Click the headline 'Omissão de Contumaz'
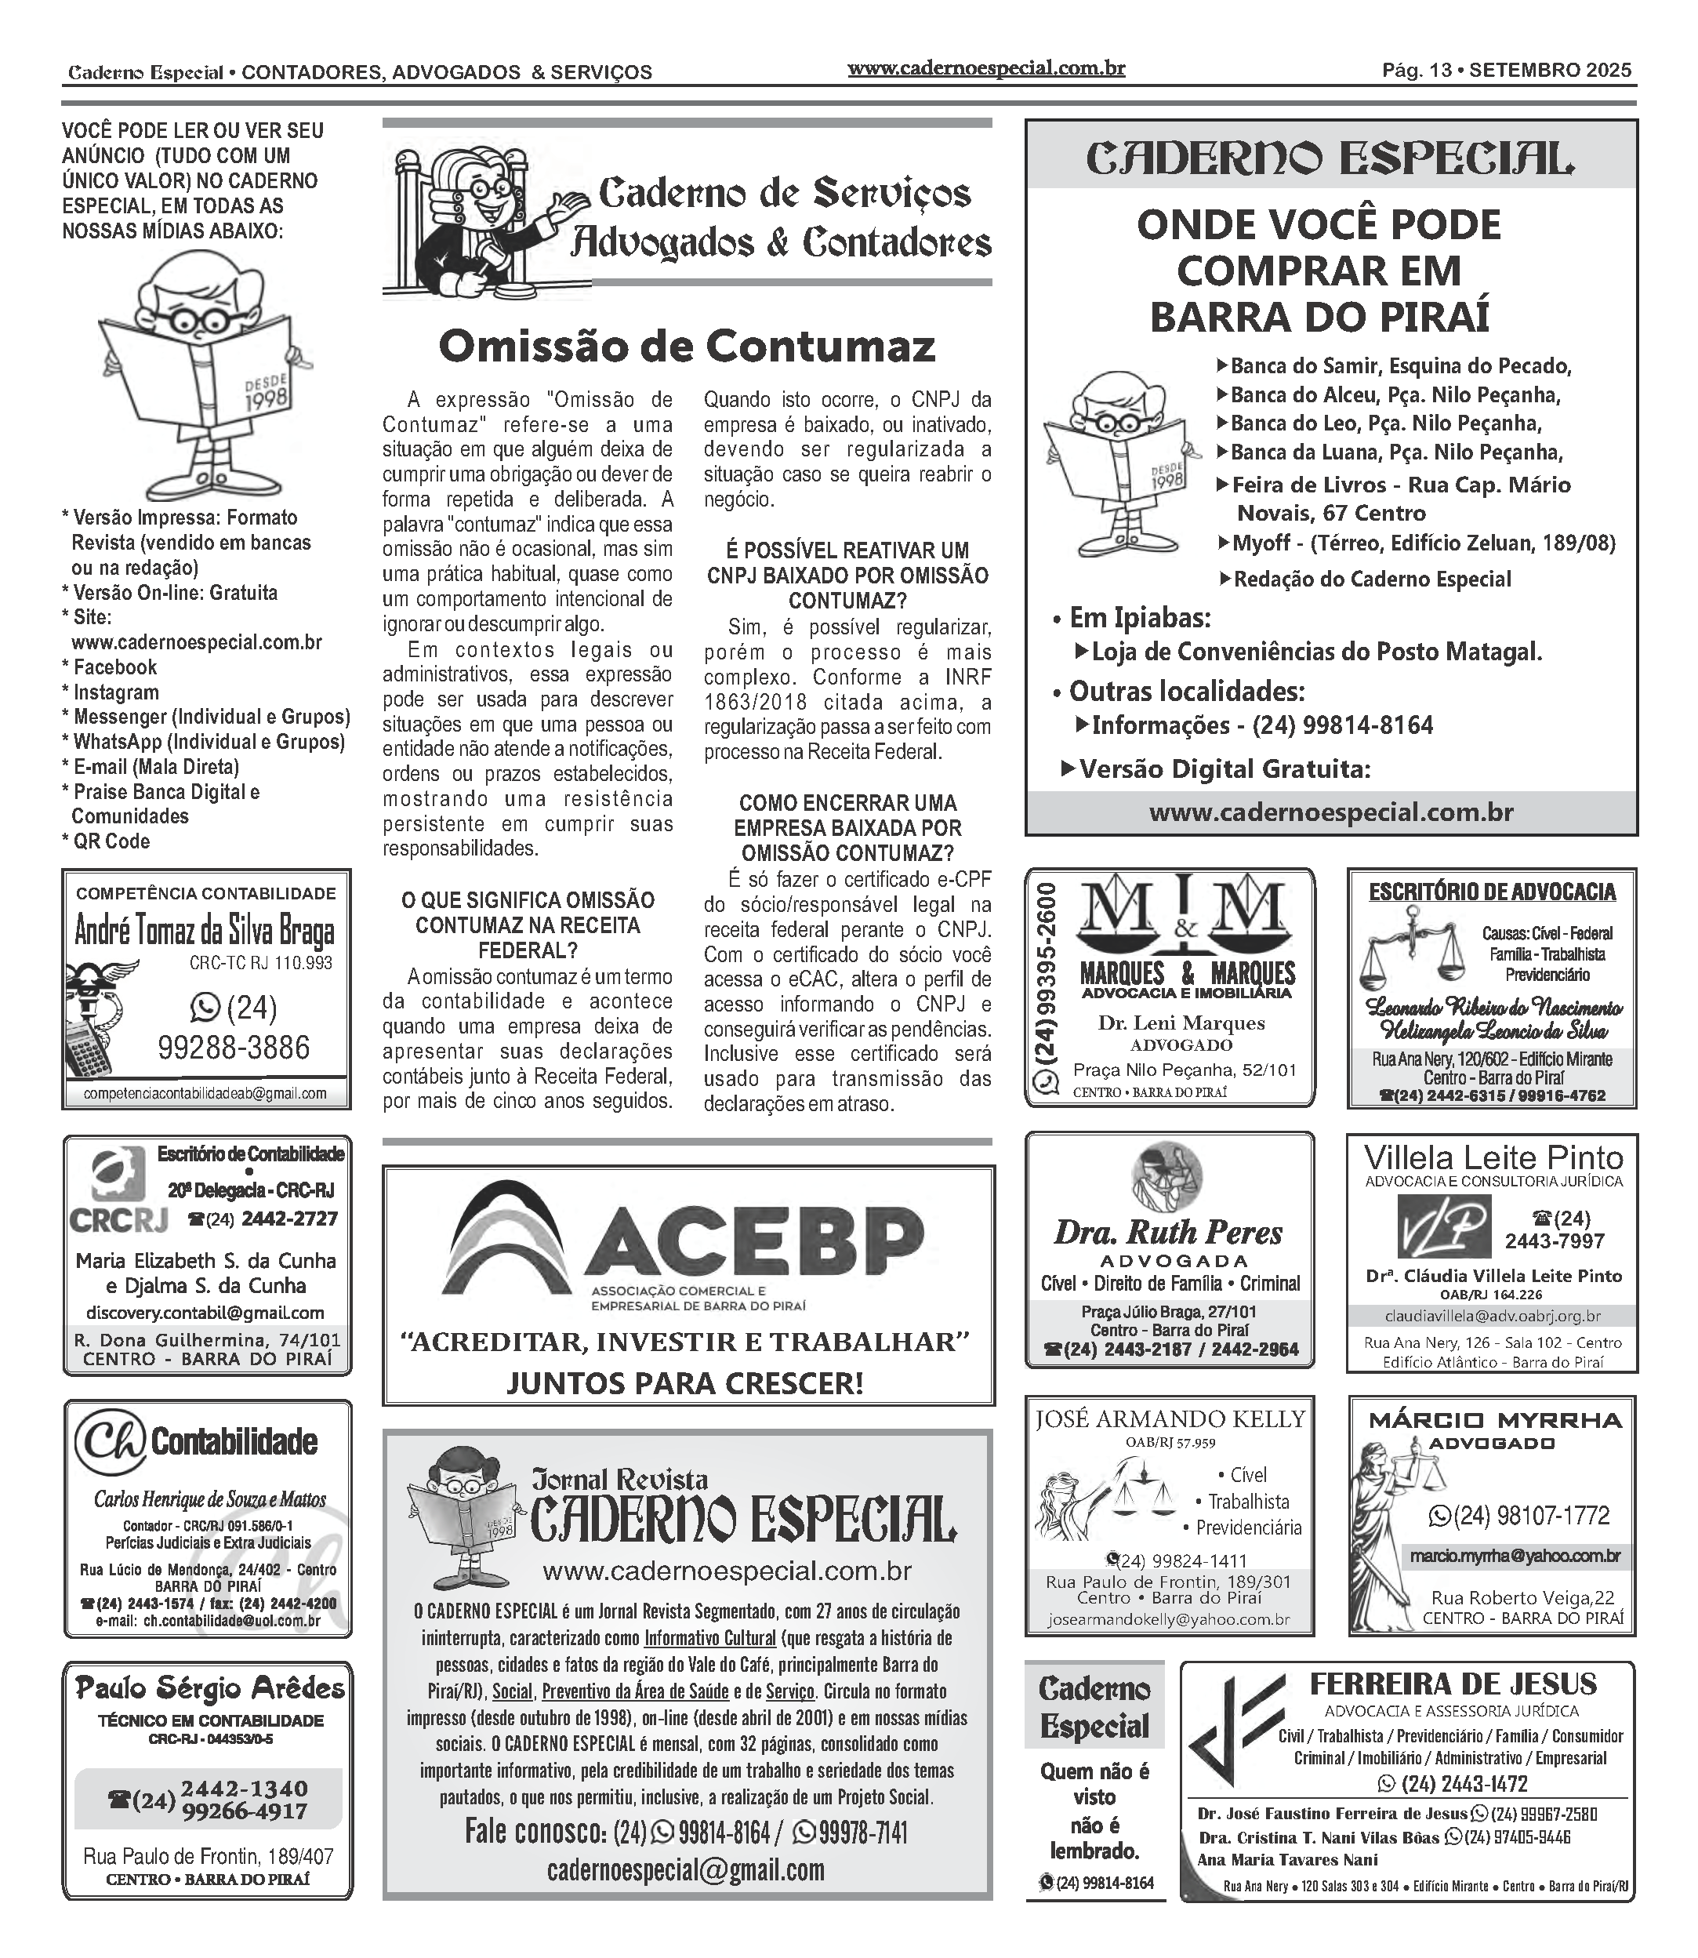[x=686, y=347]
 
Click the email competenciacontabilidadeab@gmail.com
[x=205, y=1094]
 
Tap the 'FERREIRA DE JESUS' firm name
[x=1452, y=1684]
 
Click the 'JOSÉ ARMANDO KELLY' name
[x=1170, y=1419]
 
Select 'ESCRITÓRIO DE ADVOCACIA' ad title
[x=1492, y=892]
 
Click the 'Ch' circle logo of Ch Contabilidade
[x=110, y=1441]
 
